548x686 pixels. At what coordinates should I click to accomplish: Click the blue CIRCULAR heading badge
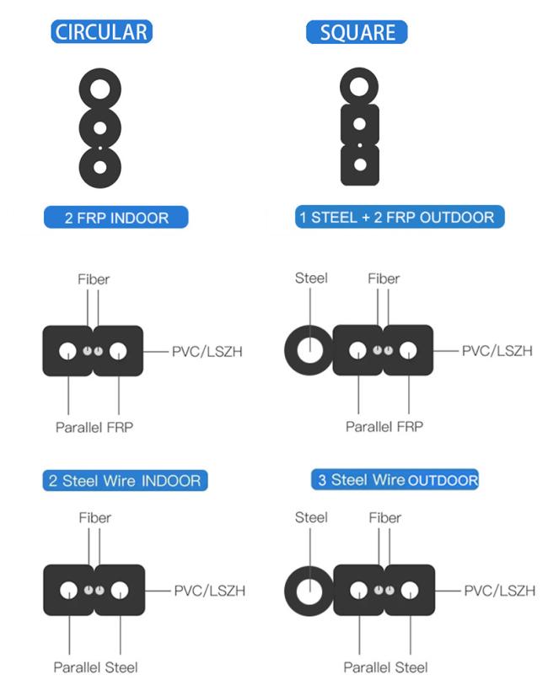point(101,32)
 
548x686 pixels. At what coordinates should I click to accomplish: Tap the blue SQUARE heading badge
point(357,32)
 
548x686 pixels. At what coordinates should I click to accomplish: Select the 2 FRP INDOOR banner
point(116,218)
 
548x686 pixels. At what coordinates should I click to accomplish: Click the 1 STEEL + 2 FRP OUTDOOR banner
point(400,217)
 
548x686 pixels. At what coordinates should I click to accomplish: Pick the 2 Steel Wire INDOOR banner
point(125,480)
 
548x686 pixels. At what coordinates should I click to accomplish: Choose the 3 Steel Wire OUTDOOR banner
point(395,479)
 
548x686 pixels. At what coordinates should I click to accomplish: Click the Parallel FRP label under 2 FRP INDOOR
point(94,427)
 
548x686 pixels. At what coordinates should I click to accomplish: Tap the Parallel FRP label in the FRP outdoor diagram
point(384,427)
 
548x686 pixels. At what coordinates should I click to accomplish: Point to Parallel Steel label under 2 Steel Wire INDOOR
point(95,667)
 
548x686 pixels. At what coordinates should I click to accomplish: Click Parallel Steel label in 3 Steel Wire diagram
point(385,667)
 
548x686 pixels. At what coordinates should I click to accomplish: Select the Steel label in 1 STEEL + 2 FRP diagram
point(311,278)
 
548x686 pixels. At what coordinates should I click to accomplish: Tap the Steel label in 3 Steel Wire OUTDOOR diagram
point(311,517)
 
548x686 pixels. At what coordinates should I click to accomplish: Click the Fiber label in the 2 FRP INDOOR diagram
point(94,279)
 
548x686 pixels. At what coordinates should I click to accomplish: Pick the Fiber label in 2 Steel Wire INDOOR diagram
point(94,518)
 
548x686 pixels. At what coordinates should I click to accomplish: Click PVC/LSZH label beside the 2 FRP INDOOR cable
point(207,351)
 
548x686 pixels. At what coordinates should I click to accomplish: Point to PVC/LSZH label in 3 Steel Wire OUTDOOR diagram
point(499,591)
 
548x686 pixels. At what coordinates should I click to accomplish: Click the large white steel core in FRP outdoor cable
point(310,350)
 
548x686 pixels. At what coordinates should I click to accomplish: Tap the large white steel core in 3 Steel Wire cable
point(309,591)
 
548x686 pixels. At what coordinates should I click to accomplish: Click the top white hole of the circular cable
point(100,89)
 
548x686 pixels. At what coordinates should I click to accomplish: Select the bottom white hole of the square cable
point(360,165)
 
